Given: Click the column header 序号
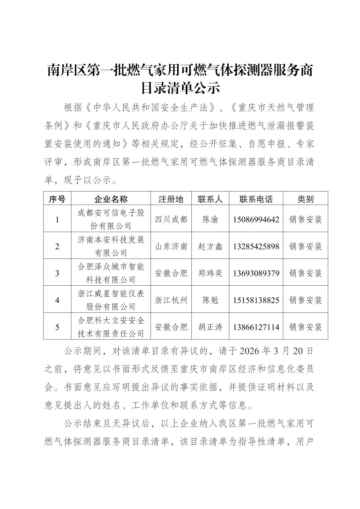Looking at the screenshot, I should click(57, 199).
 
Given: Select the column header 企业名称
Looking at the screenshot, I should click(111, 199).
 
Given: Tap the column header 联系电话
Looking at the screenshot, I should click(256, 199).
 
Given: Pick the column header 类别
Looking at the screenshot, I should click(305, 199).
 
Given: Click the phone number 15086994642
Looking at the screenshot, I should click(256, 220).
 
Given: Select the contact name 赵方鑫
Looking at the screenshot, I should click(210, 246).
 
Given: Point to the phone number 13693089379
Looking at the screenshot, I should click(256, 273).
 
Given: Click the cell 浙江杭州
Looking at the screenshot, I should click(171, 300).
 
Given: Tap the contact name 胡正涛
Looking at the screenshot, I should click(210, 327).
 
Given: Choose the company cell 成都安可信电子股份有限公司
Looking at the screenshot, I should click(111, 219).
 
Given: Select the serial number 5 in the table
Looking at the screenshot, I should click(57, 327).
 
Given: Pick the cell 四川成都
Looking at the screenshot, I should click(171, 220).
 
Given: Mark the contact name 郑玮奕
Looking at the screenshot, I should click(210, 273).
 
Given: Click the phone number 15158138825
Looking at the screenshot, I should click(256, 300).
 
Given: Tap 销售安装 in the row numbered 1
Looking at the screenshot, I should click(305, 220).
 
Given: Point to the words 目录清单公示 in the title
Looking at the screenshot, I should click(180, 88).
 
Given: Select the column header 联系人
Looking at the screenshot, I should click(210, 199).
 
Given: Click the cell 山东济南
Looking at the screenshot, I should click(171, 246).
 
